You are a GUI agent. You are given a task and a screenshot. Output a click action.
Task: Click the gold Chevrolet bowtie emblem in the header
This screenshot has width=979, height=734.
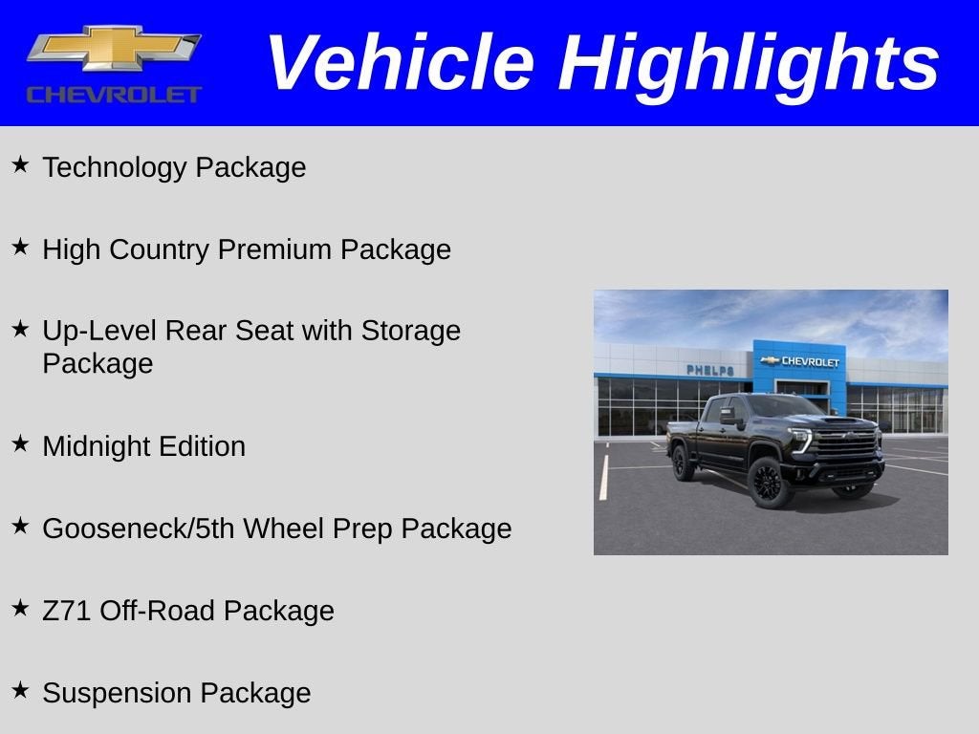pyautogui.click(x=113, y=48)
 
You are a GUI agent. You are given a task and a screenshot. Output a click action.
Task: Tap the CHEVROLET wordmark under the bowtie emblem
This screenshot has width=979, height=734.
pyautogui.click(x=114, y=95)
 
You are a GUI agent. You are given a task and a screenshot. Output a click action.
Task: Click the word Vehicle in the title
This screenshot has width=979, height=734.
pyautogui.click(x=399, y=63)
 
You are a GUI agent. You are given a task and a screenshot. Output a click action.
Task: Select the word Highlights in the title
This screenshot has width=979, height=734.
pyautogui.click(x=749, y=63)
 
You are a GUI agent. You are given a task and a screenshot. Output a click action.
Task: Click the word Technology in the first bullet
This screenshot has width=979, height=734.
pyautogui.click(x=115, y=168)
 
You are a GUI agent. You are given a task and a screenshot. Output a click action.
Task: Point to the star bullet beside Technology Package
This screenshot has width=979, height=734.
pyautogui.click(x=20, y=165)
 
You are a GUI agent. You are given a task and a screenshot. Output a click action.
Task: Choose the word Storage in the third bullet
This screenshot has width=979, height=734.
pyautogui.click(x=411, y=331)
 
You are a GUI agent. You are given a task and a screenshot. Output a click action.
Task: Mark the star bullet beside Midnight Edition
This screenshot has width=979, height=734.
pyautogui.click(x=20, y=443)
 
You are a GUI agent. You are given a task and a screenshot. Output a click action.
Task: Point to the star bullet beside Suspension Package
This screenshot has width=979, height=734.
pyautogui.click(x=20, y=690)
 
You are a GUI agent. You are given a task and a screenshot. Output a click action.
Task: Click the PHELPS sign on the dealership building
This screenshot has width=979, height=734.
pyautogui.click(x=710, y=370)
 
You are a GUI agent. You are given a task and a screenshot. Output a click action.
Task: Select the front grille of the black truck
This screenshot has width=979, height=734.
pyautogui.click(x=845, y=445)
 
